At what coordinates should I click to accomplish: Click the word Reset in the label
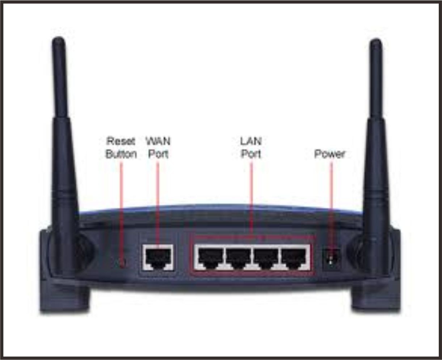pos(121,141)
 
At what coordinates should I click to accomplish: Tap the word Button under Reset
pos(121,154)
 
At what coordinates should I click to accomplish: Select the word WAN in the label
pos(158,141)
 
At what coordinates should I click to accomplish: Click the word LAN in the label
pos(251,141)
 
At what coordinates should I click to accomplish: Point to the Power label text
pos(329,154)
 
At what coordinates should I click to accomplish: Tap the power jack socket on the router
pos(331,259)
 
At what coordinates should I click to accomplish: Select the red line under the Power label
pos(331,203)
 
